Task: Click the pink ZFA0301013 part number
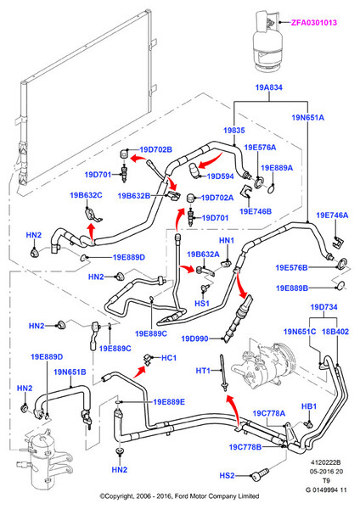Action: pos(314,23)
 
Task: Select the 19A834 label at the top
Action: pos(268,87)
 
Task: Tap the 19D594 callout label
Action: pos(220,176)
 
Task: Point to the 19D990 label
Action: pos(194,338)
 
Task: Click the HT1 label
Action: pos(203,371)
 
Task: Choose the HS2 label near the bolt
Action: pos(227,476)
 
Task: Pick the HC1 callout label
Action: pos(169,358)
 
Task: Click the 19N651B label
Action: pos(70,372)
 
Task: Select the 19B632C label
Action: pos(86,195)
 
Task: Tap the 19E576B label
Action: pos(291,268)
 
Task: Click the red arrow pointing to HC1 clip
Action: pos(140,372)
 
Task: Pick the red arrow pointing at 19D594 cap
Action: pos(210,162)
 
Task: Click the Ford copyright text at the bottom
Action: pos(179,496)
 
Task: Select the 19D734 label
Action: pos(324,307)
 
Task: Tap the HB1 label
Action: pos(309,406)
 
